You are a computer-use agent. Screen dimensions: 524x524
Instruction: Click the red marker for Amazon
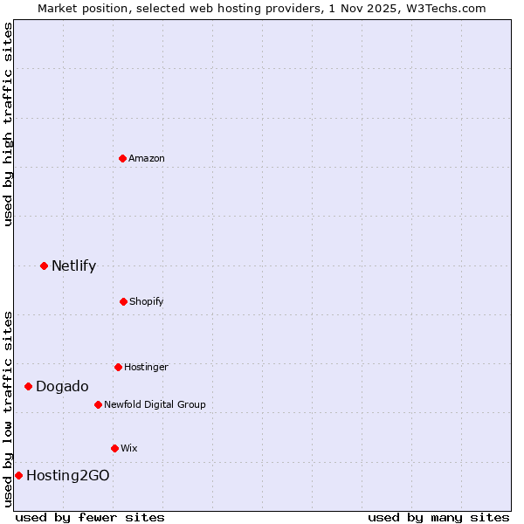(123, 158)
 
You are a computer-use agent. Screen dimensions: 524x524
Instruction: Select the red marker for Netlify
(44, 265)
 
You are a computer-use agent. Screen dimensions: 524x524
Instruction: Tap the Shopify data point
(123, 301)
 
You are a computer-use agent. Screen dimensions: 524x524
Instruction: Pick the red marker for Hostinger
(118, 367)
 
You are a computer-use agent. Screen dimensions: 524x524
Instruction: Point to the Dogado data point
(28, 386)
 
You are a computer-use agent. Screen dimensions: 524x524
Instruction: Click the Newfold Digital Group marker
(98, 404)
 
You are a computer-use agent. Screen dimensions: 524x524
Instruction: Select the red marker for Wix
(114, 448)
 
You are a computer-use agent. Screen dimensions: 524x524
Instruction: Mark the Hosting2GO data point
(18, 475)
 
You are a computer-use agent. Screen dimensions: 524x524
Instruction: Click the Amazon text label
(147, 158)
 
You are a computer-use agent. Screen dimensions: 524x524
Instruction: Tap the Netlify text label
(73, 265)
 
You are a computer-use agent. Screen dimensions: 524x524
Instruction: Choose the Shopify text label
(147, 301)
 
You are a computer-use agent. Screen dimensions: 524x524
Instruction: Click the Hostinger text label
(146, 367)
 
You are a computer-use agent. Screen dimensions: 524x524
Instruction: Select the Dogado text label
(62, 386)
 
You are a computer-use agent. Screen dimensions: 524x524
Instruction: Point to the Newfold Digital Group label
(155, 404)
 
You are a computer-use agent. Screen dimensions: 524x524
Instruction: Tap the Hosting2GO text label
(68, 475)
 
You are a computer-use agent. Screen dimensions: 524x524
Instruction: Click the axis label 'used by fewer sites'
(90, 517)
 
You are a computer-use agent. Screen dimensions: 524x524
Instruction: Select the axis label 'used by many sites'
(438, 517)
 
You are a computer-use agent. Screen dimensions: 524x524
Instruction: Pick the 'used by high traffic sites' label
(8, 124)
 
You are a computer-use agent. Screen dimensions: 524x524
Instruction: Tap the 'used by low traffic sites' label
(8, 409)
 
